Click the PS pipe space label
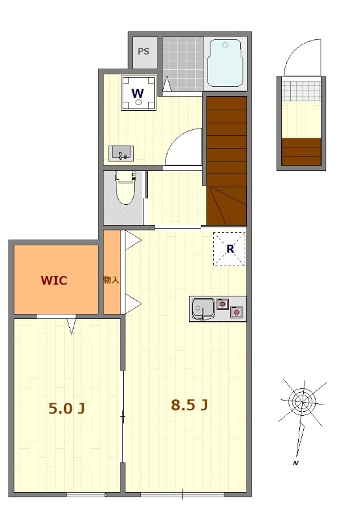click(143, 52)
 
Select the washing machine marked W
click(139, 93)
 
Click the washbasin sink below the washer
click(121, 153)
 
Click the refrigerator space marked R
click(230, 249)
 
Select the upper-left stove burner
click(222, 303)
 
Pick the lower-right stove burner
click(236, 312)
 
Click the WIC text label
click(54, 281)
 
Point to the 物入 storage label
click(111, 280)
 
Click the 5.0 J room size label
click(67, 408)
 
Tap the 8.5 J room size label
click(189, 405)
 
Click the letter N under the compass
click(295, 463)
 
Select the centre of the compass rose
click(303, 401)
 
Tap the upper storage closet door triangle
click(133, 240)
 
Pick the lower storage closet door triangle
click(133, 303)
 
